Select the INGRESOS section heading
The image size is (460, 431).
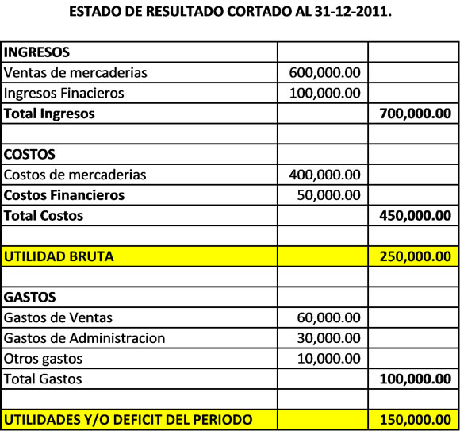click(x=37, y=52)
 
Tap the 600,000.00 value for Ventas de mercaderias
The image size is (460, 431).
click(x=325, y=72)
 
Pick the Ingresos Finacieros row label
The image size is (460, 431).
click(x=64, y=93)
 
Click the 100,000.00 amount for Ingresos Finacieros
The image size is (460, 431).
click(x=325, y=93)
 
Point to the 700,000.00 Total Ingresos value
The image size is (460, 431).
click(x=416, y=114)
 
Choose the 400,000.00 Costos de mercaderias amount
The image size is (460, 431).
click(x=325, y=175)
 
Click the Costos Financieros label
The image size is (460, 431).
click(x=64, y=194)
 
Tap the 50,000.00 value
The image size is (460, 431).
click(x=329, y=194)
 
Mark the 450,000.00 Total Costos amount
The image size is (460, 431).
click(x=416, y=215)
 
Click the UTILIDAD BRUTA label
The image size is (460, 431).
click(x=59, y=256)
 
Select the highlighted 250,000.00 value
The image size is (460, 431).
click(x=416, y=256)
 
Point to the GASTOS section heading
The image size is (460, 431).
click(x=30, y=297)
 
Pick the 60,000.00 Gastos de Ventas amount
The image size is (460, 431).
click(x=329, y=317)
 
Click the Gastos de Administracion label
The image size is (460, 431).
click(x=85, y=338)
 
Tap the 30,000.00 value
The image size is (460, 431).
click(x=329, y=338)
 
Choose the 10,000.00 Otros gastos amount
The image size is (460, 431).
click(x=329, y=359)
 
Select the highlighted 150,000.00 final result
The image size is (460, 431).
click(x=416, y=419)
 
